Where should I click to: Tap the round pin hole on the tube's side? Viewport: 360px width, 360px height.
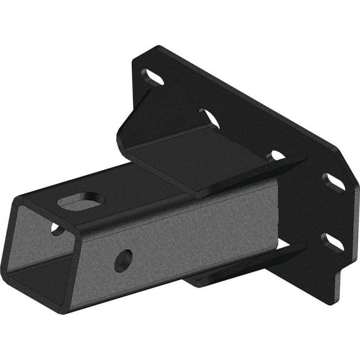tap(123, 259)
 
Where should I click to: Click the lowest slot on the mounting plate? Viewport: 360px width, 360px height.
tap(331, 242)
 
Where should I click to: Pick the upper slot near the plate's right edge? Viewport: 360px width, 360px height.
tap(334, 181)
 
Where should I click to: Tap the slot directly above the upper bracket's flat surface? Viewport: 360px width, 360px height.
tap(210, 118)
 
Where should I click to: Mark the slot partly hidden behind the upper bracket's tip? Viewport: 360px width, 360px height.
tap(276, 156)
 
